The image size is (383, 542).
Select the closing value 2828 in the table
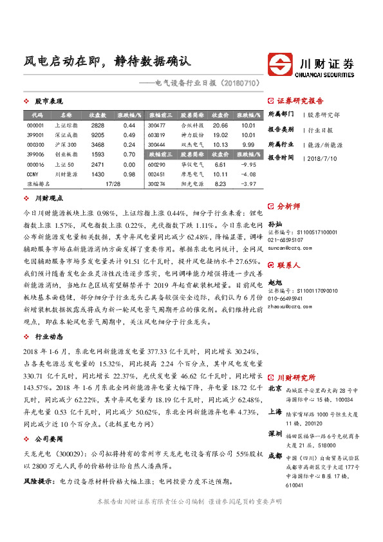click(98, 125)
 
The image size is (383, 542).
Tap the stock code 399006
click(37, 155)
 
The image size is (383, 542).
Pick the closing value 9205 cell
click(98, 135)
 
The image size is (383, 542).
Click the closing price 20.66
click(220, 125)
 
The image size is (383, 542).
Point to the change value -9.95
click(248, 165)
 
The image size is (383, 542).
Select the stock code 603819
click(157, 135)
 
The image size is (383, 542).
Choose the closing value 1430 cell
click(98, 174)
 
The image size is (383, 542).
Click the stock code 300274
click(157, 185)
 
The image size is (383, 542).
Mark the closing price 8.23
click(220, 185)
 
